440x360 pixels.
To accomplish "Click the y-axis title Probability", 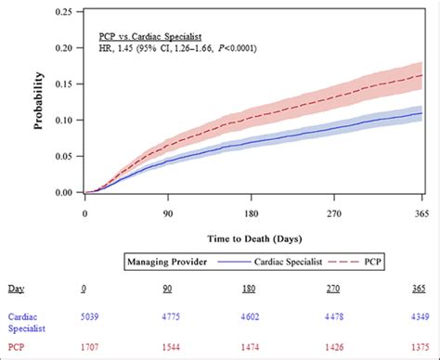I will coord(41,103).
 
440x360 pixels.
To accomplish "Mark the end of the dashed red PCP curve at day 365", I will coord(422,75).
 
